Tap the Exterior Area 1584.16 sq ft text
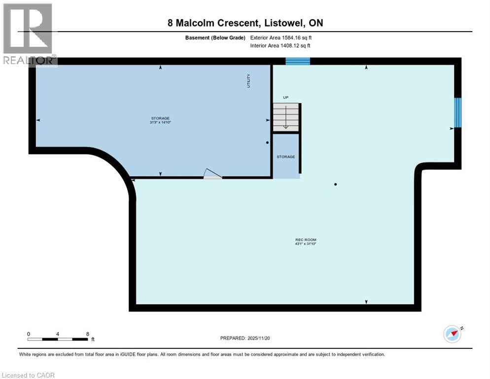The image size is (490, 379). pos(280,38)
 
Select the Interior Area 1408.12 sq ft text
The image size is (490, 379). pos(280,46)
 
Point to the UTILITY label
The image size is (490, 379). pos(249,80)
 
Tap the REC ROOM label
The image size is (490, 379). pos(303,240)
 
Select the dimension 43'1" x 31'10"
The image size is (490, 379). pos(303,244)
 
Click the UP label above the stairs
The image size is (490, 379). pos(285,98)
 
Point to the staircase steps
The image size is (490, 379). pos(285,117)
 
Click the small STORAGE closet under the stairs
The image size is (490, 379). pos(285,156)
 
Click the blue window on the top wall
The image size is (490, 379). pos(298,61)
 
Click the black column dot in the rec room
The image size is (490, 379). pos(335,185)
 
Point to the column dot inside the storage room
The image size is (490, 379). pos(267,143)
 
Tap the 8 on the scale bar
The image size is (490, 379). pos(87,334)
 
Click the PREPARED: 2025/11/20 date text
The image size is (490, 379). pos(245,338)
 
